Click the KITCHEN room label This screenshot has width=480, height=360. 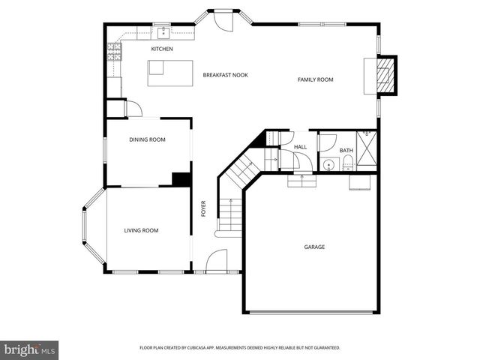(162, 49)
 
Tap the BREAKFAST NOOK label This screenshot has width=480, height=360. (225, 75)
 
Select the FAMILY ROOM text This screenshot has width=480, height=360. (315, 79)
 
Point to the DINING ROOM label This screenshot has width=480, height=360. (147, 139)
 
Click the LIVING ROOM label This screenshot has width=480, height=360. (141, 230)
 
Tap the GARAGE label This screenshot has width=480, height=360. (314, 247)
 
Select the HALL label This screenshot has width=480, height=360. (300, 147)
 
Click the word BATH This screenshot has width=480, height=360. (346, 151)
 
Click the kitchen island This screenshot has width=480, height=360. (155, 67)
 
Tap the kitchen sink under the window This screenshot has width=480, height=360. (160, 34)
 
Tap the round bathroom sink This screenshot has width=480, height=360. (328, 164)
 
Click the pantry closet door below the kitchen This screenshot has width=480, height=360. (133, 109)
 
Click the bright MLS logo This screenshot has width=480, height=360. (29, 349)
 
